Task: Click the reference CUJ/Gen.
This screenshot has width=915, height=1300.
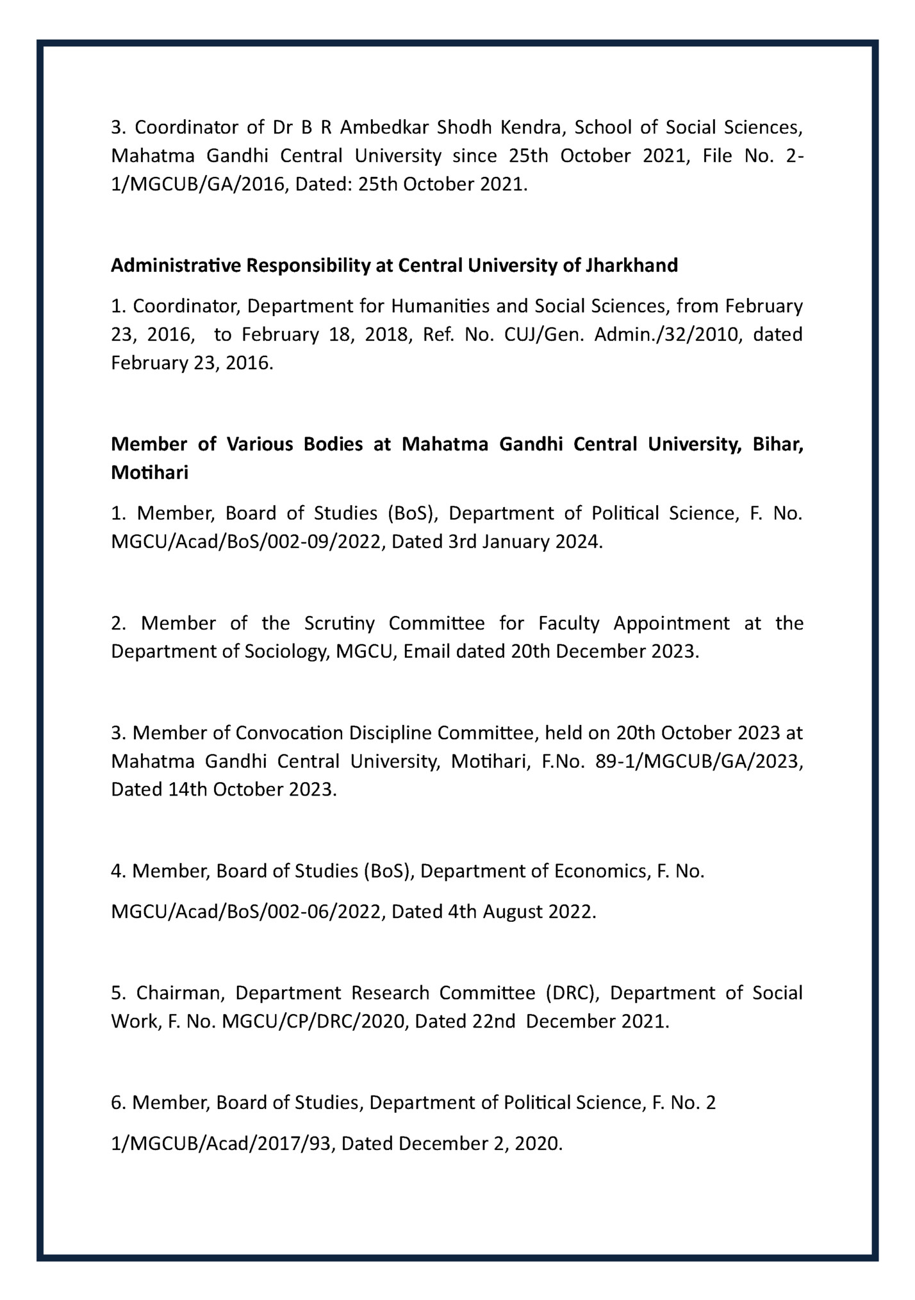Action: [543, 335]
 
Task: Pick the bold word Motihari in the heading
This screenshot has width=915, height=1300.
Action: [149, 473]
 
